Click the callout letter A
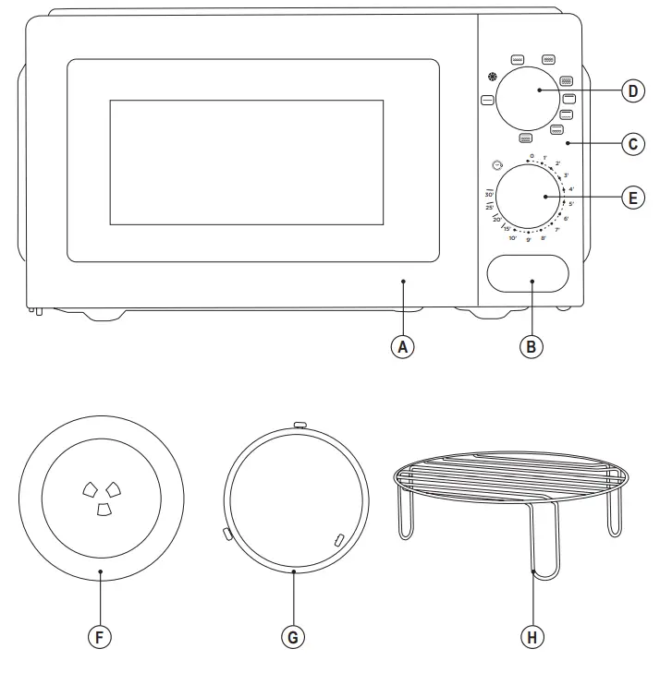402,347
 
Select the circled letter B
531,347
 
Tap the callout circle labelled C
631,144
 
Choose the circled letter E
631,198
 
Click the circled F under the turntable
99,637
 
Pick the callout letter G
293,637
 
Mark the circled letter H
531,637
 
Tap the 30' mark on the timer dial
489,195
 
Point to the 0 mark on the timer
532,156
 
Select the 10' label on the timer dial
512,237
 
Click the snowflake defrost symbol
491,78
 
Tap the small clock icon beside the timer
497,166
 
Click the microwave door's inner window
247,162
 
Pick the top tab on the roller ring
299,425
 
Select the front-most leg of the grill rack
534,545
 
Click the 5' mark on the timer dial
571,203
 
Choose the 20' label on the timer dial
496,220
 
